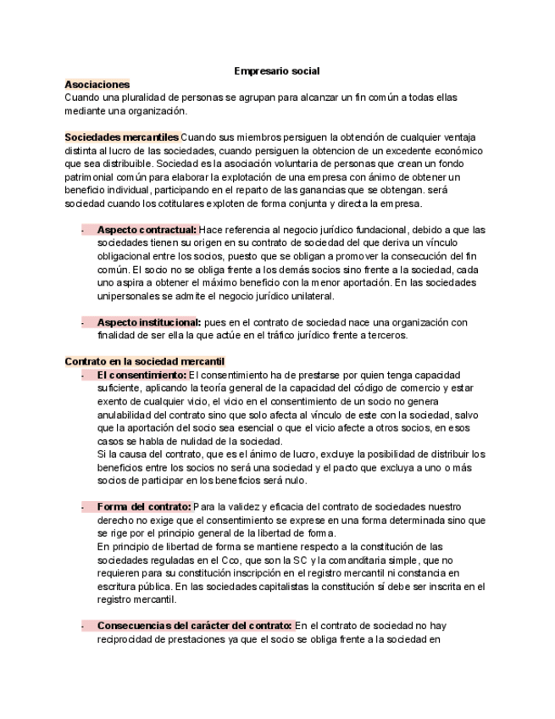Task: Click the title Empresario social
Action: (276, 72)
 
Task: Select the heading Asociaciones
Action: (97, 85)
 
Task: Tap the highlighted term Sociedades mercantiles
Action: (121, 137)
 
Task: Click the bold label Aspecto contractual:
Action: (147, 230)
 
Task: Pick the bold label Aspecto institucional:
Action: (149, 322)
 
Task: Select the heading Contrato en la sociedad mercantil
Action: (144, 361)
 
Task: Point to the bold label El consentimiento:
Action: (142, 375)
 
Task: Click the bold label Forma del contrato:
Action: (144, 507)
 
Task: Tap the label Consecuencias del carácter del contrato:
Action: (194, 626)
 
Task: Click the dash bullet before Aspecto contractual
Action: (82, 230)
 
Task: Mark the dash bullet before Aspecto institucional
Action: (82, 322)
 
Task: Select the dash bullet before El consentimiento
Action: (82, 375)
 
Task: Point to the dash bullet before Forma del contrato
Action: (82, 507)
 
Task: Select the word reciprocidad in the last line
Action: (127, 639)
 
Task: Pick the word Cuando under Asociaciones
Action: (82, 98)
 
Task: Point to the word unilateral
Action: (313, 296)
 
